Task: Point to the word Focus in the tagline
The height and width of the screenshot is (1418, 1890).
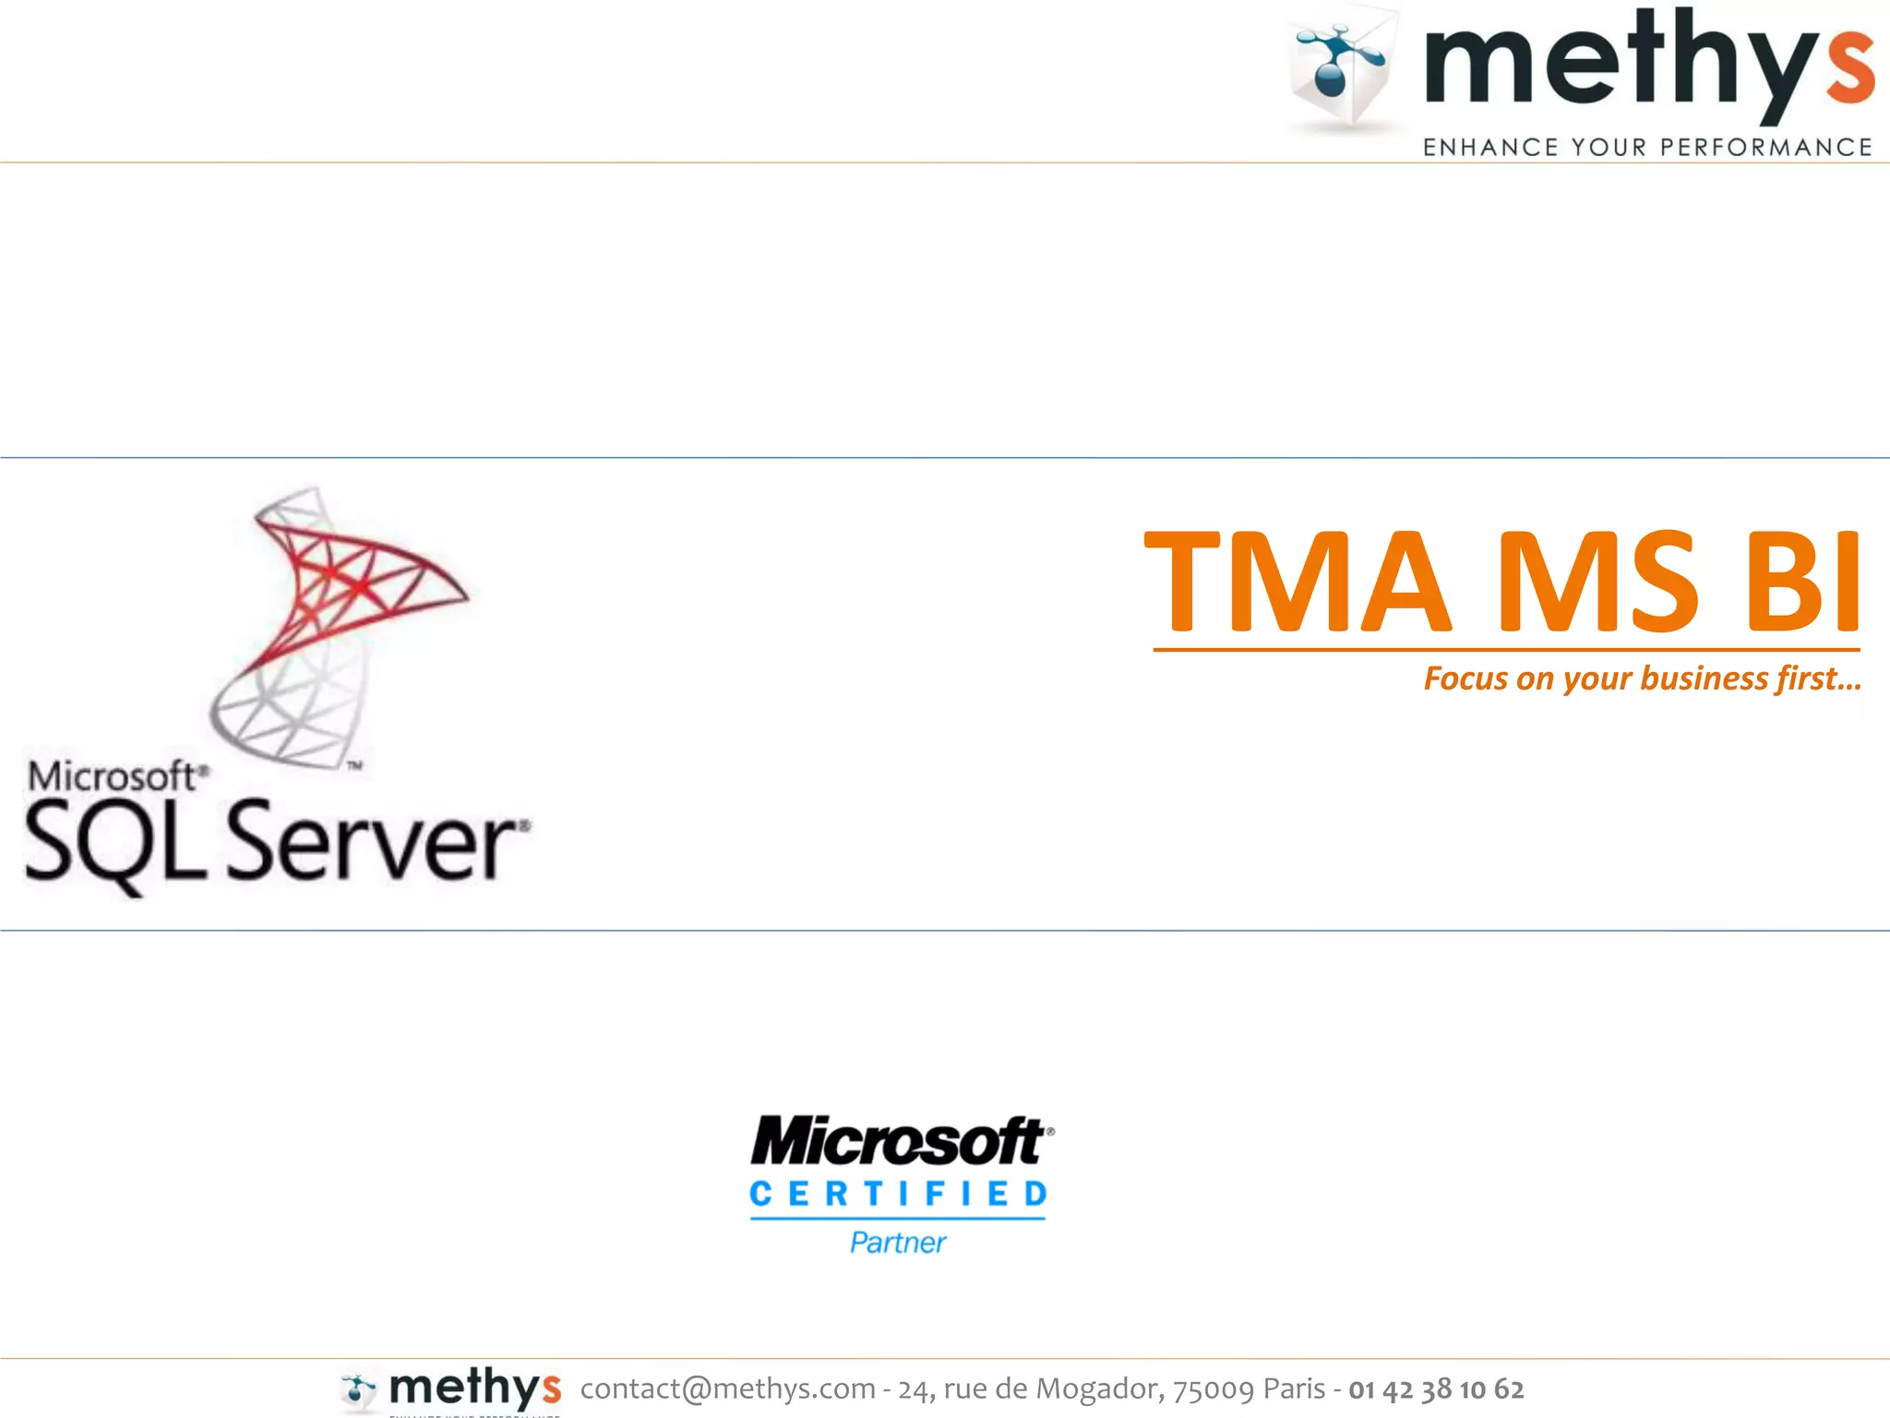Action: point(1465,679)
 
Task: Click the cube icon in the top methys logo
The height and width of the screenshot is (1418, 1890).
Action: point(1343,69)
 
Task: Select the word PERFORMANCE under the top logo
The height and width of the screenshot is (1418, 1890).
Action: point(1766,147)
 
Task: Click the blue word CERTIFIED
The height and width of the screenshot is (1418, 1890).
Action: point(898,1194)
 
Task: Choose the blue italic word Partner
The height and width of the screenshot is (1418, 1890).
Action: point(898,1243)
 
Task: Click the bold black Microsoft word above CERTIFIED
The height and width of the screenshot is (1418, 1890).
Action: point(898,1142)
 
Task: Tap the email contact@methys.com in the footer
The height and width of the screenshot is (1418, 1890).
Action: point(727,1388)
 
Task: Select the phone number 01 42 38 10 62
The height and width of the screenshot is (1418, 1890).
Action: point(1436,1388)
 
